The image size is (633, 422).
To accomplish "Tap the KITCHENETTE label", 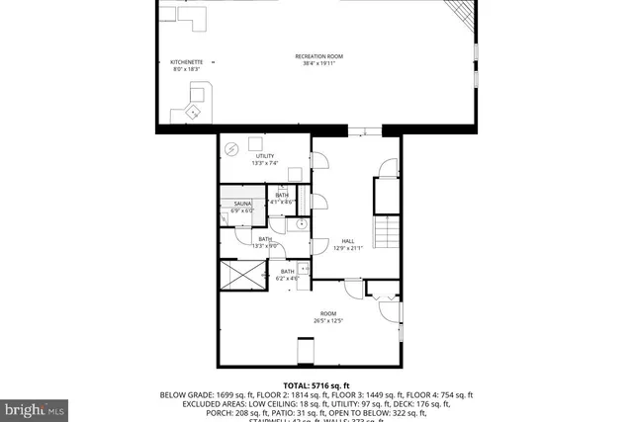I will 187,62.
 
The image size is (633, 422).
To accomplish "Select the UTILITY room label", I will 265,156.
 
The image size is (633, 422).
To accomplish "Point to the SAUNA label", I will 242,204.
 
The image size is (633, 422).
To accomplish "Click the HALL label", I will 348,240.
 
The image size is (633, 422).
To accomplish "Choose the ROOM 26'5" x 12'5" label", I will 327,313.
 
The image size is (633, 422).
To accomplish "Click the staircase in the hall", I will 386,234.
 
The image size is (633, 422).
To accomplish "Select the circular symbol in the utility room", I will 231,149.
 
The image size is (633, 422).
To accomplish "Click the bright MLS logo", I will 35,407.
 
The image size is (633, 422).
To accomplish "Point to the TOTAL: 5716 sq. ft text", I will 316,385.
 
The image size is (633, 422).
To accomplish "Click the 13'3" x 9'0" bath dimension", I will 265,245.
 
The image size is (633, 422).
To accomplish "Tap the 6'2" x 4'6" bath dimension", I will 287,278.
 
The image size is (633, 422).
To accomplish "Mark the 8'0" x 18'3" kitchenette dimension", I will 187,69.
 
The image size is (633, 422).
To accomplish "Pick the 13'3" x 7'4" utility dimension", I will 265,163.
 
